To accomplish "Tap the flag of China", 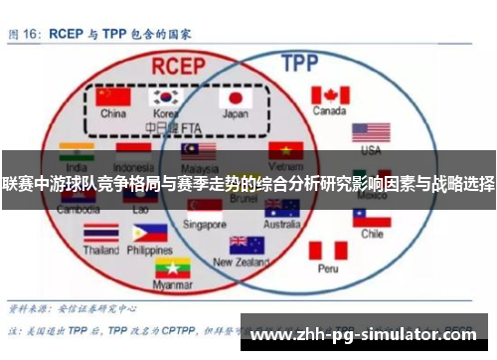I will coord(114,98).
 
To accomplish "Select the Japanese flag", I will coord(236,98).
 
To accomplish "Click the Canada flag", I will coord(330,95).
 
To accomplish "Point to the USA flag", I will coord(371,132).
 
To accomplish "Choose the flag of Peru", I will coord(328,250).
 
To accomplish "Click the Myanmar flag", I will coord(171,268).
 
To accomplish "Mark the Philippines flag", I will coord(149,233).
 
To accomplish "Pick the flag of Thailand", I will coord(101,233).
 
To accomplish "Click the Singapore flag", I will coord(206,208).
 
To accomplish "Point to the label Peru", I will coord(328,269).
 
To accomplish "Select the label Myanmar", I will coord(171,285).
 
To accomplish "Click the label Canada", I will coord(329,111).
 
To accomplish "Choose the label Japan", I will coord(236,114).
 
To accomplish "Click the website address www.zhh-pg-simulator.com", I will coord(369,336).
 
